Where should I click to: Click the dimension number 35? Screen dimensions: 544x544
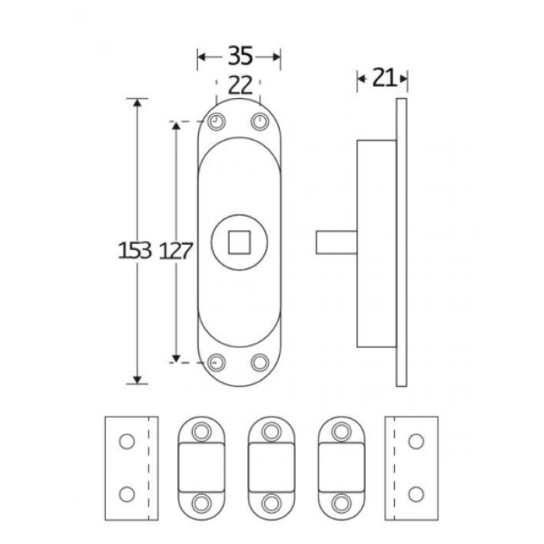pos(239,57)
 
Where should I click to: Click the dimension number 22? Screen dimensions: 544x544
pos(240,84)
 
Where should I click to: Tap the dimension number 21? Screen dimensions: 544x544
pos(382,77)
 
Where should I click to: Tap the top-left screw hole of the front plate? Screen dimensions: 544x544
pos(216,122)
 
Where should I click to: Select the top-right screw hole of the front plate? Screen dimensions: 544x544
pos(259,122)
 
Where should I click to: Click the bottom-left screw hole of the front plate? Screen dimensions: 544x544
pos(216,362)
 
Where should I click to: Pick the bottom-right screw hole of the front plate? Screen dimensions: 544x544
pos(259,362)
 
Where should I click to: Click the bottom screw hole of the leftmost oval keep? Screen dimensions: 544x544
pos(202,502)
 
